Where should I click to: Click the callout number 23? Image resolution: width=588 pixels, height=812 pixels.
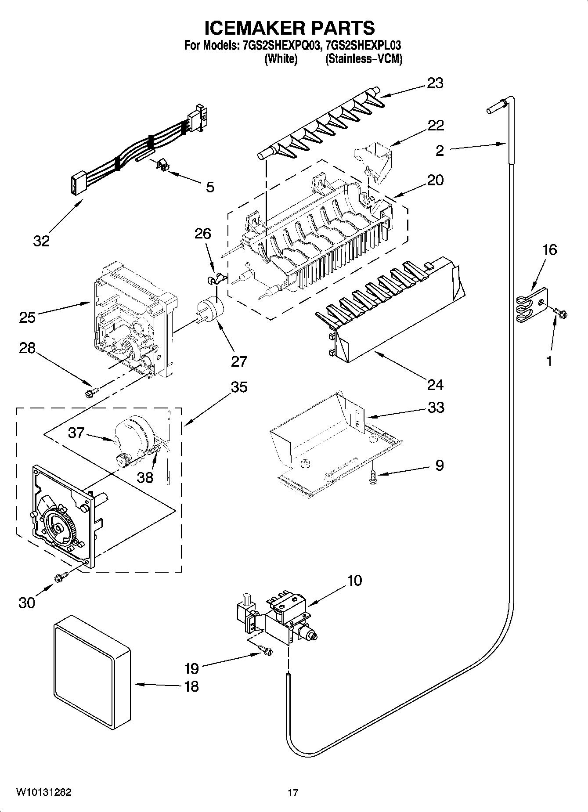pos(435,83)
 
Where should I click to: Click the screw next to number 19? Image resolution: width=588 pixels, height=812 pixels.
pos(265,650)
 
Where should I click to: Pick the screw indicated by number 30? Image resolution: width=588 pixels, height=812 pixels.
pos(61,577)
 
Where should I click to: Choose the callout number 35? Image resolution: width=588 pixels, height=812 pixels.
pos(238,387)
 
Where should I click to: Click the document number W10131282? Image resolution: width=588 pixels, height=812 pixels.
pos(44,792)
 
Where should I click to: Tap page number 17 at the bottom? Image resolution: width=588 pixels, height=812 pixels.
pos(293,793)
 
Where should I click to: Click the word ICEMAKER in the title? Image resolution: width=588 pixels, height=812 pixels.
pos(252,28)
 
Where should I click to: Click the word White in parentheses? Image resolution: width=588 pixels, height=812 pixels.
pos(281,59)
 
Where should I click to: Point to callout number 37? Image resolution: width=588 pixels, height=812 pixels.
pos(76,433)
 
